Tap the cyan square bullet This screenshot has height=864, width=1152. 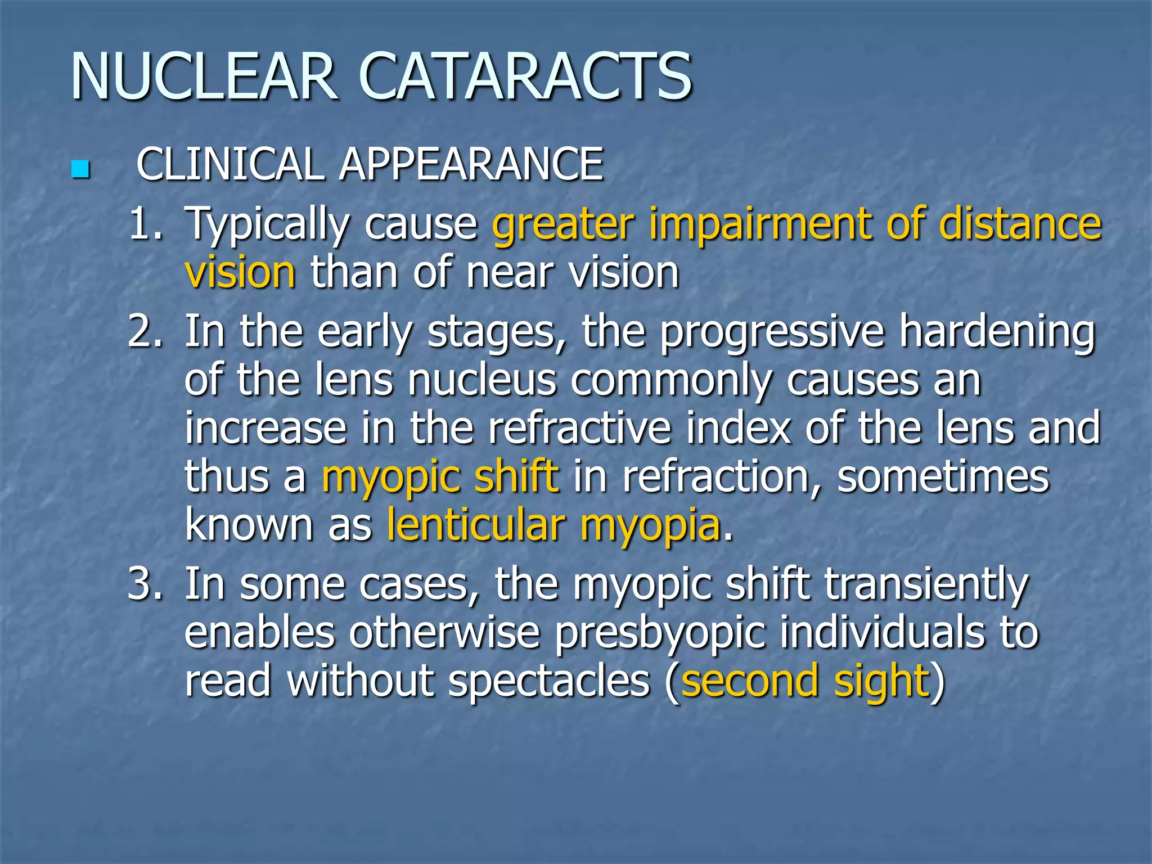(80, 169)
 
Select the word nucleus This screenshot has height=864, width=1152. (482, 380)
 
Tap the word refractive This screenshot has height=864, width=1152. (579, 428)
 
